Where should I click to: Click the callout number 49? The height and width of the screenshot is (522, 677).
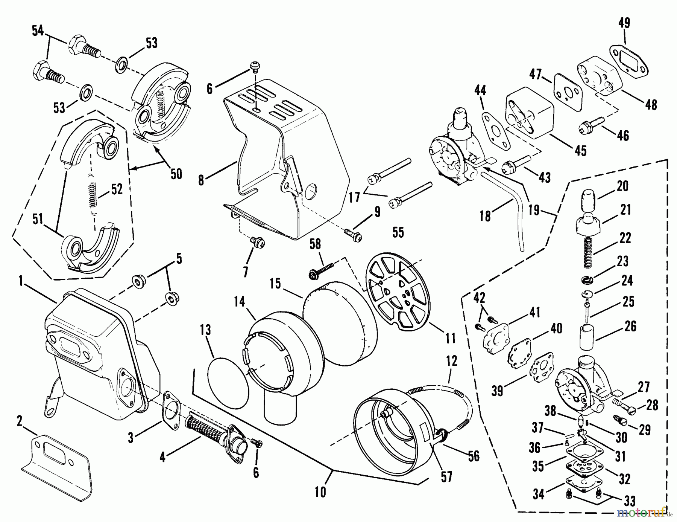pos(624,23)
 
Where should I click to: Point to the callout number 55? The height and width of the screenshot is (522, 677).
pos(398,232)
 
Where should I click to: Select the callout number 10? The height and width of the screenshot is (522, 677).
pos(320,492)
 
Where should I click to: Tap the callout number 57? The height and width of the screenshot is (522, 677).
pos(446,477)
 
